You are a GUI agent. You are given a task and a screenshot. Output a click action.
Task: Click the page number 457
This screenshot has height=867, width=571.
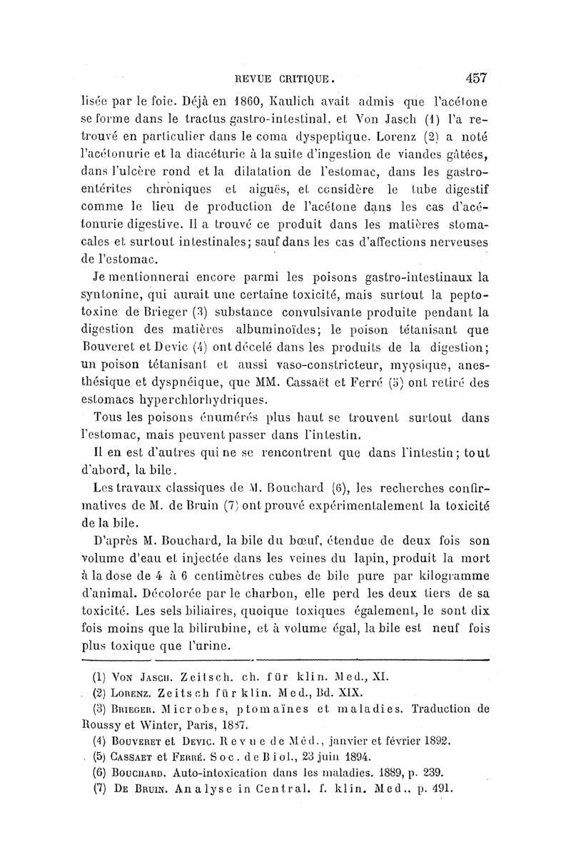click(x=474, y=77)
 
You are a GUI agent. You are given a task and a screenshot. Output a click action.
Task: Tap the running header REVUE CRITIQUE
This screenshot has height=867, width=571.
click(x=295, y=78)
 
